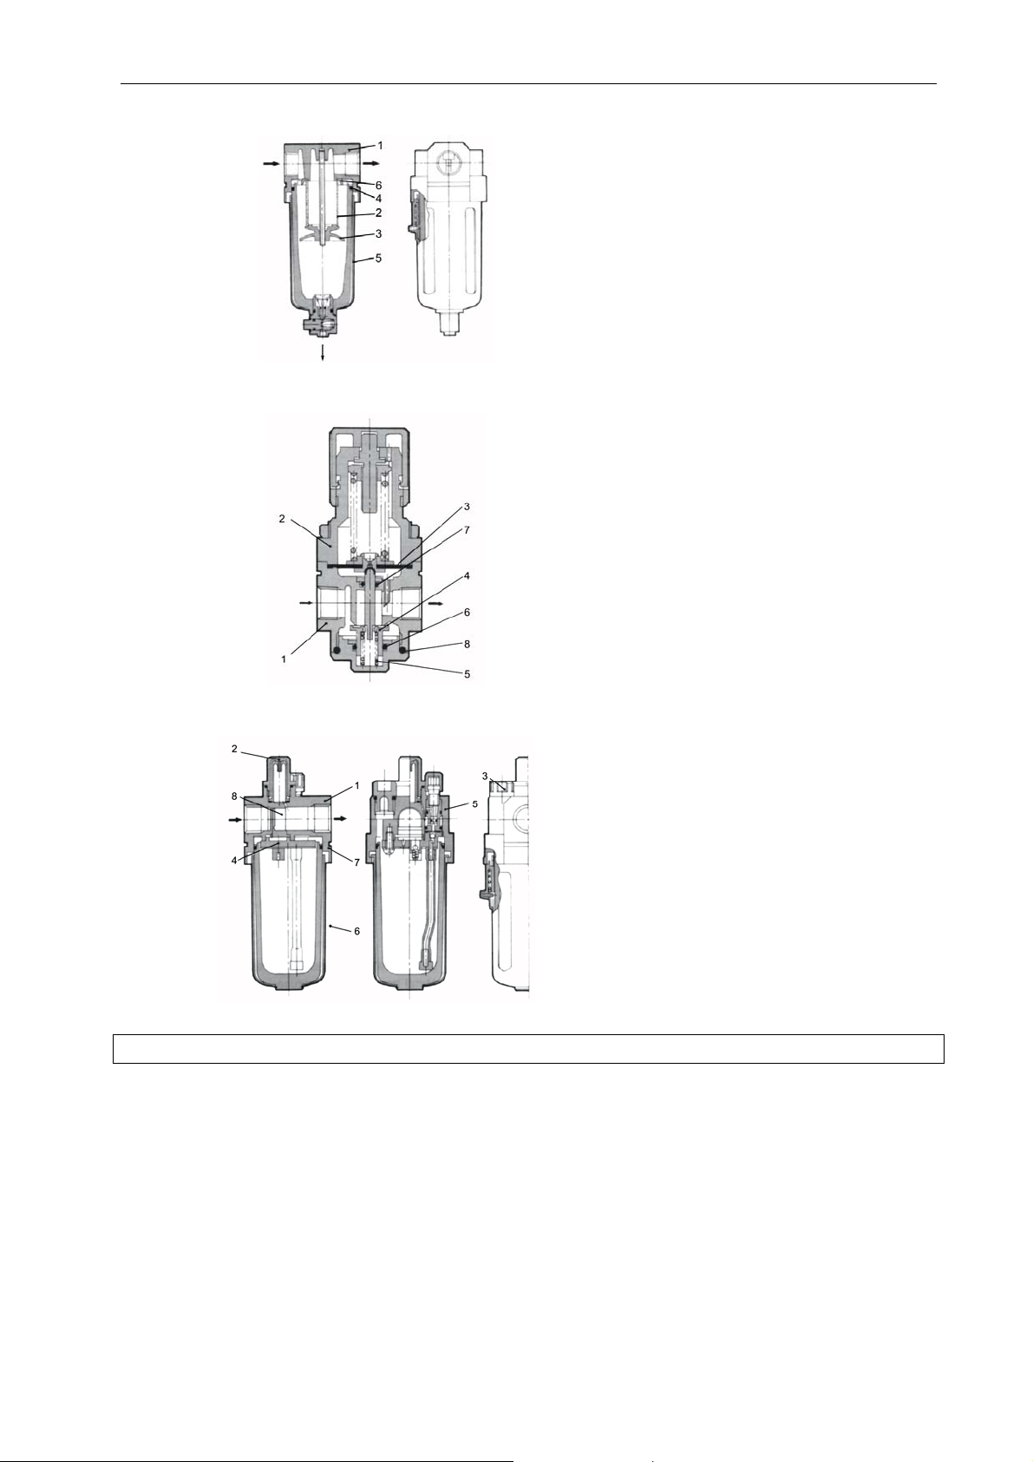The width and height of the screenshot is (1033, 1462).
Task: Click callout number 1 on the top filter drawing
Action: coord(380,145)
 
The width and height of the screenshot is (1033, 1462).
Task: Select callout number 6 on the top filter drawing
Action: coord(378,186)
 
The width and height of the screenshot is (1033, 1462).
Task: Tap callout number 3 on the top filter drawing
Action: coord(378,233)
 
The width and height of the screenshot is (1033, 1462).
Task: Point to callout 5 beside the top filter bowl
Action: coord(378,259)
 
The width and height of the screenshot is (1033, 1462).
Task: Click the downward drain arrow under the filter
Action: coord(323,351)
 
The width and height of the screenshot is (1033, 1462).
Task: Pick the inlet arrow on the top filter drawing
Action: coord(271,165)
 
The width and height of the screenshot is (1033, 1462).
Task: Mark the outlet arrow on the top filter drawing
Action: coord(372,163)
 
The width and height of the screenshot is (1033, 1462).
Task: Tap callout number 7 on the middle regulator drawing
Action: coord(467,531)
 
